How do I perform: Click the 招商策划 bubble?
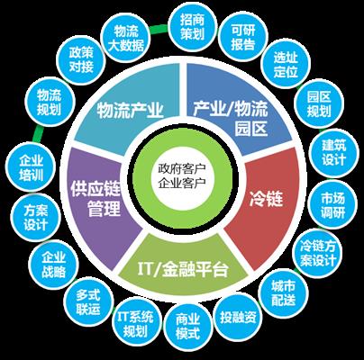(192, 28)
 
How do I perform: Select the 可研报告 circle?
(242, 37)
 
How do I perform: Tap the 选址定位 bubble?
(286, 65)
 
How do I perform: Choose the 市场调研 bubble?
(332, 205)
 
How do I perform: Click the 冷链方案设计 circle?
(318, 254)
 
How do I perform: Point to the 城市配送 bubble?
(283, 293)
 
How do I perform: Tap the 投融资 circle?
(238, 318)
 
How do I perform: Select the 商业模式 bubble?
(187, 327)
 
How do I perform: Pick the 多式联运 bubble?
(87, 302)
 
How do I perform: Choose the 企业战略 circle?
(53, 265)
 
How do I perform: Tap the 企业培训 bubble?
(31, 168)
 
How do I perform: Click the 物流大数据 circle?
(125, 39)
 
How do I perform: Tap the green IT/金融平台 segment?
(183, 267)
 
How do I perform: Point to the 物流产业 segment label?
(130, 111)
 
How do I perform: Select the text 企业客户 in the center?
(182, 183)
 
